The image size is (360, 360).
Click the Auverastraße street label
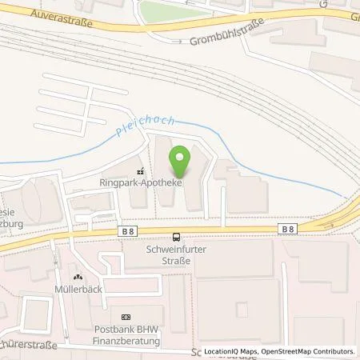pos(61,18)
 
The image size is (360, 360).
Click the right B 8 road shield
pos(289,229)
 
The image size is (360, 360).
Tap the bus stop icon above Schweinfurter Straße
pos(176,237)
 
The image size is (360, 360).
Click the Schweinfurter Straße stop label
pos(176,254)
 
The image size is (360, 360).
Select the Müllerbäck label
pos(78,289)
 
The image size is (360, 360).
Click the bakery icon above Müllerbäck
pos(78,277)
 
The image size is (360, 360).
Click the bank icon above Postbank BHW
pos(125,318)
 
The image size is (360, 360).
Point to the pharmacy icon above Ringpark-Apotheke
pos(141,170)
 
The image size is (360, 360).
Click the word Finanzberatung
pos(125,342)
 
